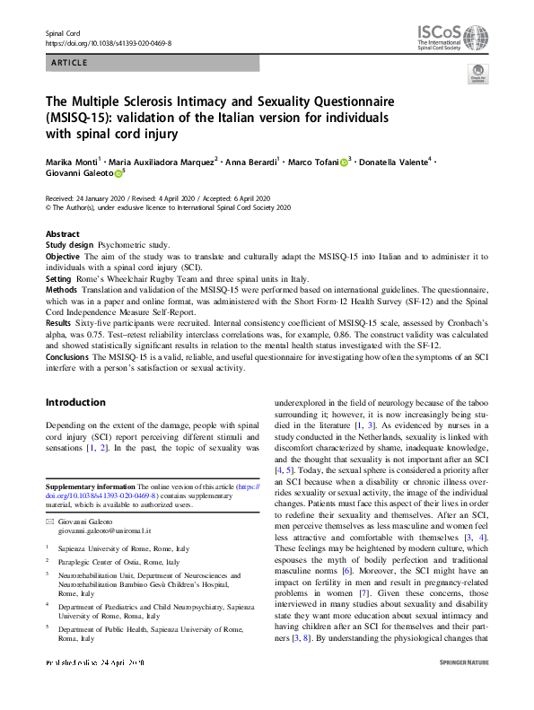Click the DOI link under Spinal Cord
tap(108, 43)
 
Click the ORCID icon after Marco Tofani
tap(344, 162)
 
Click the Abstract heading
tap(62, 233)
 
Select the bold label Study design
tap(68, 244)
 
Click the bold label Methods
tap(61, 290)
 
